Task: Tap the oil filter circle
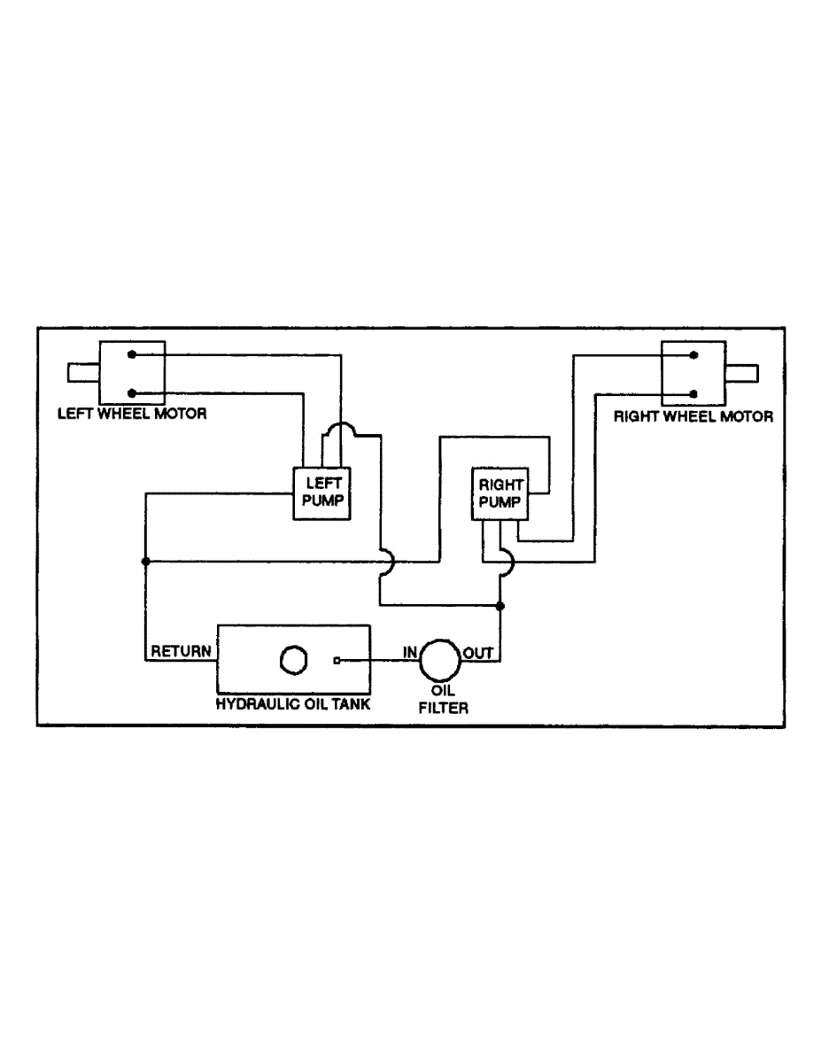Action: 438,659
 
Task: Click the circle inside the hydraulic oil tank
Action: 292,659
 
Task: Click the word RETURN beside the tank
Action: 181,651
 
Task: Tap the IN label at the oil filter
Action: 410,652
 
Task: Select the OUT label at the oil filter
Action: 478,653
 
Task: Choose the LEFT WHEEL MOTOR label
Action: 132,413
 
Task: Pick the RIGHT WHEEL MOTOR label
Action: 693,415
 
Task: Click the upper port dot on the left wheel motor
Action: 131,354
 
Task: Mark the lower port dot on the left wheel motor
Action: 131,392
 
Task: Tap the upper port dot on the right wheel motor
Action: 695,355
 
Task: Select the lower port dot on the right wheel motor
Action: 695,392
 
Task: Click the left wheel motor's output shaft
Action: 82,373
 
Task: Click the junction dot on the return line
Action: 145,561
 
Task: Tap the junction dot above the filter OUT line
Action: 500,606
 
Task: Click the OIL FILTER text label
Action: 442,699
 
